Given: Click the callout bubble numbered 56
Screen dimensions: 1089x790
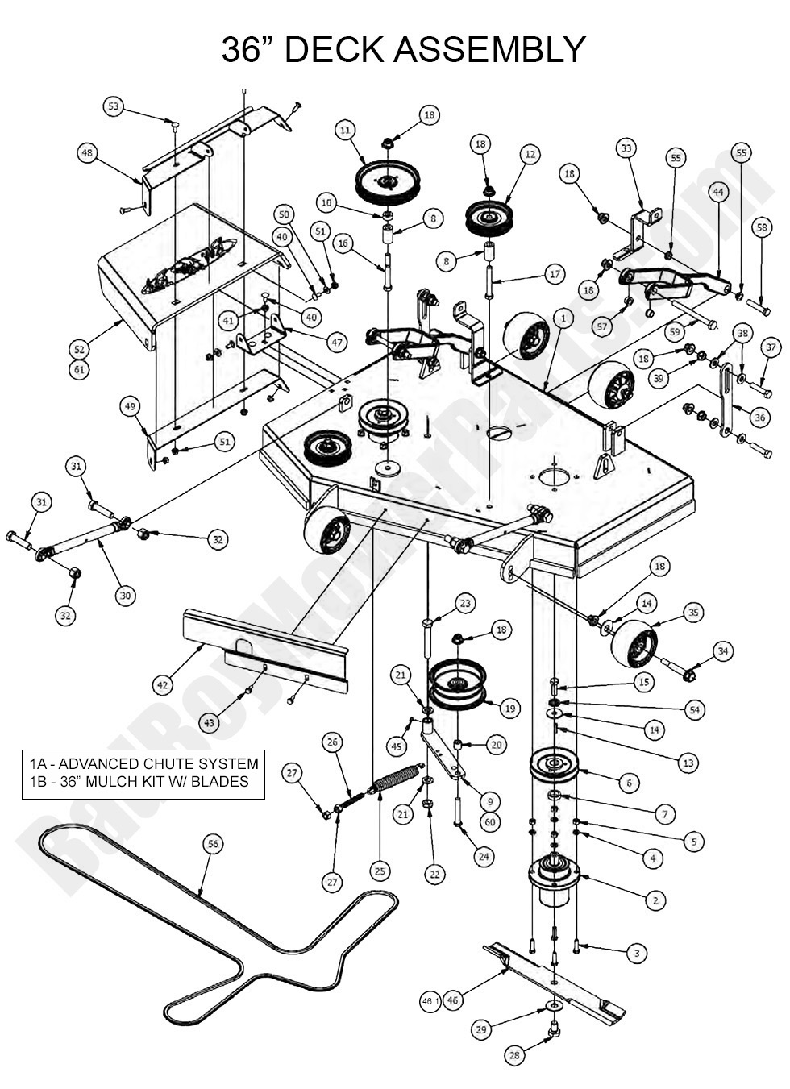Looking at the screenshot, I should tap(212, 844).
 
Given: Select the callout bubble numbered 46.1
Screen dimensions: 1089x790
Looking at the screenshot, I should tap(430, 1001).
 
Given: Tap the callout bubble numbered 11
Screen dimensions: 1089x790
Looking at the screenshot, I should tap(345, 130).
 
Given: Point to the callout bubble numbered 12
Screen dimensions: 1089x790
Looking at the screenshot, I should tap(530, 153).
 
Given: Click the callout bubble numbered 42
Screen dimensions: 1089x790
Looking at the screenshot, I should tap(163, 685).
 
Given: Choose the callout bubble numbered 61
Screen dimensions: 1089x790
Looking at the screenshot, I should tap(79, 370).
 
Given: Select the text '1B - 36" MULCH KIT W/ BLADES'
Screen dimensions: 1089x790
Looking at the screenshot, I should tap(139, 781).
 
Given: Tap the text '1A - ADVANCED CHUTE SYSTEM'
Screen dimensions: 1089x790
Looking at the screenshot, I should tap(144, 763).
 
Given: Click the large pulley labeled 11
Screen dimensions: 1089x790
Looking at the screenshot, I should tap(389, 183).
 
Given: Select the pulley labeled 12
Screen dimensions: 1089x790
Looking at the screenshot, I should tap(489, 216).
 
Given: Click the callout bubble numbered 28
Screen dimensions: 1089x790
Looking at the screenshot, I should tap(513, 1054).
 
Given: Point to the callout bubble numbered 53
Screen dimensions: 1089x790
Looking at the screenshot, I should tap(114, 106).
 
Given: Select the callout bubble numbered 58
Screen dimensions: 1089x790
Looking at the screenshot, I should tap(762, 227).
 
